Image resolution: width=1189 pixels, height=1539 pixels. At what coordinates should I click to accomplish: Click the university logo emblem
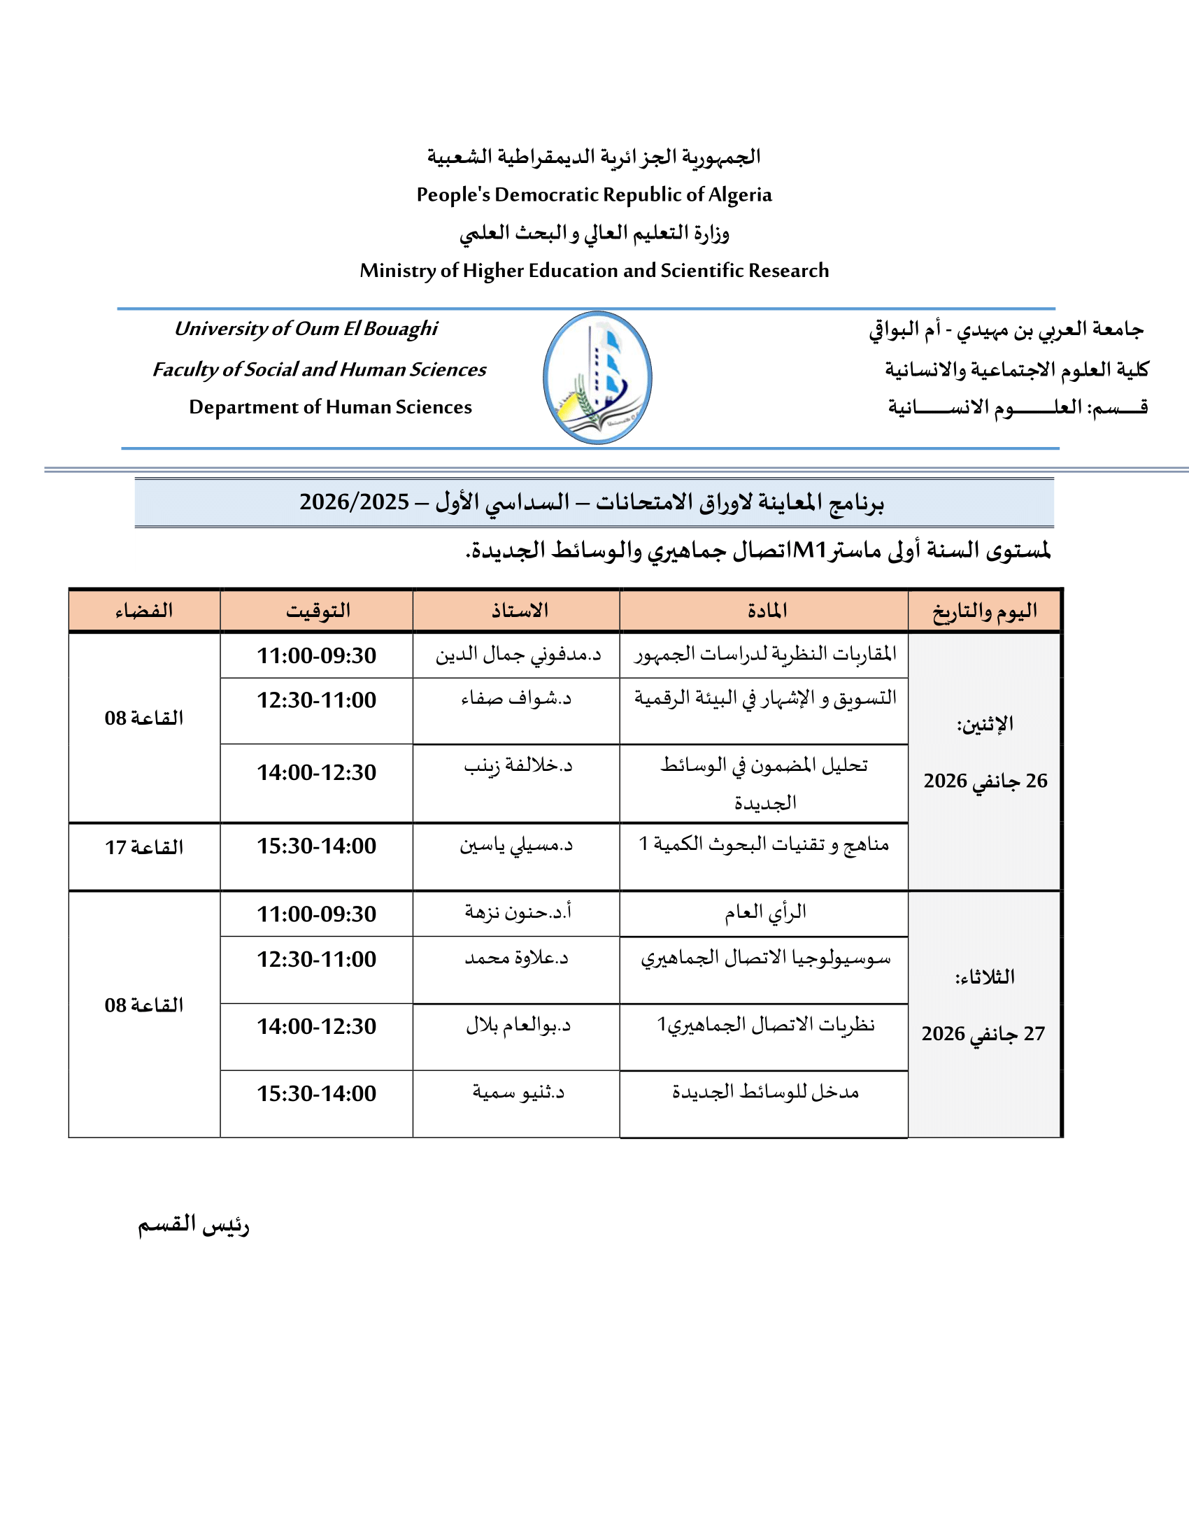(597, 378)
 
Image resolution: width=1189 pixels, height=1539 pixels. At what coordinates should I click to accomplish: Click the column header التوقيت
(318, 610)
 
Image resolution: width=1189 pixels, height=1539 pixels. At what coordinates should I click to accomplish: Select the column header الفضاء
(144, 610)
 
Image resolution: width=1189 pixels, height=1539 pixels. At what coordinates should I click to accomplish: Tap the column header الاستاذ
(520, 610)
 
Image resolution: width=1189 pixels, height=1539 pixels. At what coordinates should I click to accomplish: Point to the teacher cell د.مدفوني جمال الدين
(518, 655)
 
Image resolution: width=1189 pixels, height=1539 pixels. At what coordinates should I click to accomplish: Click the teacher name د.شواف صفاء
(516, 699)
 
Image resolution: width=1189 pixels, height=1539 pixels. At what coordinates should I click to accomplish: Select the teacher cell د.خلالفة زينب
(518, 766)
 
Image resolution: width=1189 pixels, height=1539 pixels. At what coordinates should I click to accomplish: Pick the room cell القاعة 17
(144, 847)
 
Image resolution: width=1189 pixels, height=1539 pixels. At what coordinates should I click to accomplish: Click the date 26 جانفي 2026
(985, 781)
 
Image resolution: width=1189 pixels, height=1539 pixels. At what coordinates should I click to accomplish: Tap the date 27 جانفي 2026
(983, 1034)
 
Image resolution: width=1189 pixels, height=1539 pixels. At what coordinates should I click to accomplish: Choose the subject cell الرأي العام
(766, 913)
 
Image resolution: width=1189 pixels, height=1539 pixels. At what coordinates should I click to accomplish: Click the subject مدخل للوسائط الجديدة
(766, 1092)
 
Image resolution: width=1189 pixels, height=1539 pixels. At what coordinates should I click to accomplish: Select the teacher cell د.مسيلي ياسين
(516, 845)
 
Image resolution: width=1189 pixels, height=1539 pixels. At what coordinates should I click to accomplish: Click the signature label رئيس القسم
(194, 1225)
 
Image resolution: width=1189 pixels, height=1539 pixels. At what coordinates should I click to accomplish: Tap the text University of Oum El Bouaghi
(306, 329)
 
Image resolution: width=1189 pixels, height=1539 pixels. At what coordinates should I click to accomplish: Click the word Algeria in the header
(739, 194)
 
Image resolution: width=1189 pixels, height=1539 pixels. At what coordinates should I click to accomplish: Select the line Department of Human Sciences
(330, 407)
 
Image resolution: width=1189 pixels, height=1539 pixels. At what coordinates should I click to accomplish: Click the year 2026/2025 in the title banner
(355, 502)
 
